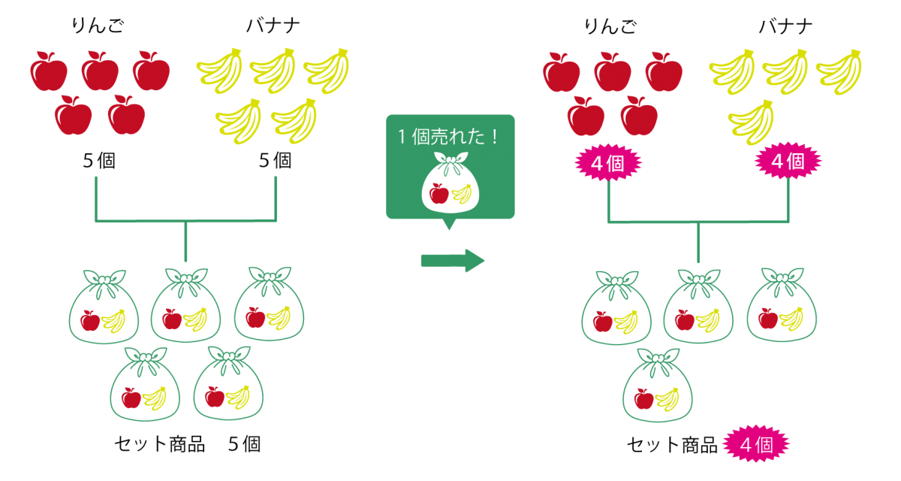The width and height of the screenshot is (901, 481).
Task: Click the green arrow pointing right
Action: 453,261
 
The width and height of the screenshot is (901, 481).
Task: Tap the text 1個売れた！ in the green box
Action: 448,137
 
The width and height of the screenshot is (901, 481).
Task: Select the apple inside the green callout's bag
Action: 438,194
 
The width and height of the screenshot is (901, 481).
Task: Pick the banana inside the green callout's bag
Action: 462,194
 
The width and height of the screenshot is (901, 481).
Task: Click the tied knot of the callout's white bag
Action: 450,160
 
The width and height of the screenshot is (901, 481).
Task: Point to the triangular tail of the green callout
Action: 449,224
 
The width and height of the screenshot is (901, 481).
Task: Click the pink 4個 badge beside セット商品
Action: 756,444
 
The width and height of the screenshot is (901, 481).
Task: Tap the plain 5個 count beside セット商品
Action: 245,444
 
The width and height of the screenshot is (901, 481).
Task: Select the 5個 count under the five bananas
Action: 275,161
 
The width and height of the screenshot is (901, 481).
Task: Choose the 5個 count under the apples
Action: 99,161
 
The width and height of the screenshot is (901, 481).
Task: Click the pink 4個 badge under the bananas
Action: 788,161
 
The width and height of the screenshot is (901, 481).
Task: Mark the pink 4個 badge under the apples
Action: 608,163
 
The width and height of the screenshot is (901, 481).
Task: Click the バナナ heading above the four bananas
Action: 785,26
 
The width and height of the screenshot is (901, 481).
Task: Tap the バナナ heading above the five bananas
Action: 273,26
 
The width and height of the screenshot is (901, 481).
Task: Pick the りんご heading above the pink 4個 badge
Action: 610,26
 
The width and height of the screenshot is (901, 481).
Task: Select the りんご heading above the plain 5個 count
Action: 98,26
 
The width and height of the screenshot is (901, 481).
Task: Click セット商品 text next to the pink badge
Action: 672,445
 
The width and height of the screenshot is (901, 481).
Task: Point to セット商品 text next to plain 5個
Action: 160,444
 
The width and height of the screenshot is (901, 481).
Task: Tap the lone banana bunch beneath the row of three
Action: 751,122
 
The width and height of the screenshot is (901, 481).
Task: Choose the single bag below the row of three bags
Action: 658,385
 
